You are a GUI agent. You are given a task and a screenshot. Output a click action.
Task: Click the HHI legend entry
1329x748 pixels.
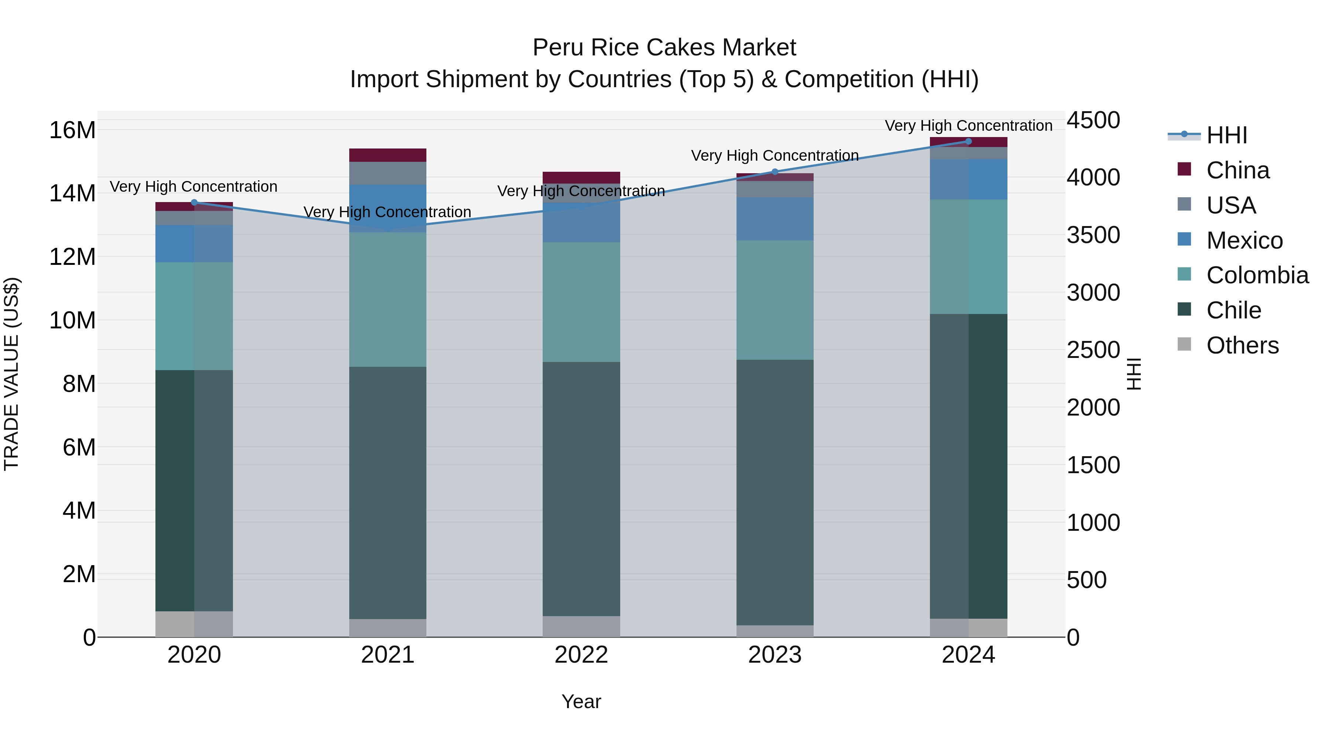[1226, 135]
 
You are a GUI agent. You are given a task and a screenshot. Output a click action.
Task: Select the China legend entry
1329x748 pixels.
[1237, 170]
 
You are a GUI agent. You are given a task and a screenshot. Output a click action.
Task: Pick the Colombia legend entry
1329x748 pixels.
[1257, 275]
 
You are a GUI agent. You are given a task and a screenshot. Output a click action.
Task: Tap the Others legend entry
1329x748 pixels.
[1242, 345]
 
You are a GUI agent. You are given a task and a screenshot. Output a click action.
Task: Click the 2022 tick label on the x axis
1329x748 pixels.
[581, 655]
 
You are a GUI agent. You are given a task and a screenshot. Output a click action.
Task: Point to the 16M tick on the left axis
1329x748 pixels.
[72, 130]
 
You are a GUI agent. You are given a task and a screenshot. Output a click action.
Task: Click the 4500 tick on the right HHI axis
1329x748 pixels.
[1093, 120]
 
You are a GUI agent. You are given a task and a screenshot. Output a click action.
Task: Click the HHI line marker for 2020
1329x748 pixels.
[194, 202]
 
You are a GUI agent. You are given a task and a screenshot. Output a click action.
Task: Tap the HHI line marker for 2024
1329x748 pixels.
[968, 141]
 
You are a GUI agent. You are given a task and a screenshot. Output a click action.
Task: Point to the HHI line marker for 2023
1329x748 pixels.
[775, 172]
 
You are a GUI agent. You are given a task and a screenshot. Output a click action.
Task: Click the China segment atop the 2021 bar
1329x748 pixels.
[388, 155]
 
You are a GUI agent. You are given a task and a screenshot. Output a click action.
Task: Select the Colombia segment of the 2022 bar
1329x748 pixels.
[581, 302]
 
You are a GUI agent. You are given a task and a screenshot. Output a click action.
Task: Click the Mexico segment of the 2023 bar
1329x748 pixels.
[775, 219]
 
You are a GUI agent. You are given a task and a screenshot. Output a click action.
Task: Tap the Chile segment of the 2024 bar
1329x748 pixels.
[968, 466]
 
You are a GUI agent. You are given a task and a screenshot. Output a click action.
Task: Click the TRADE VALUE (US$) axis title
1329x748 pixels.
[12, 374]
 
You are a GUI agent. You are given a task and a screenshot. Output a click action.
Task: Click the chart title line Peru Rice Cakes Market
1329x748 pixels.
[664, 48]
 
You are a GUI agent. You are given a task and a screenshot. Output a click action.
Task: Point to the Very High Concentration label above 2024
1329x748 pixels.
[968, 126]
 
